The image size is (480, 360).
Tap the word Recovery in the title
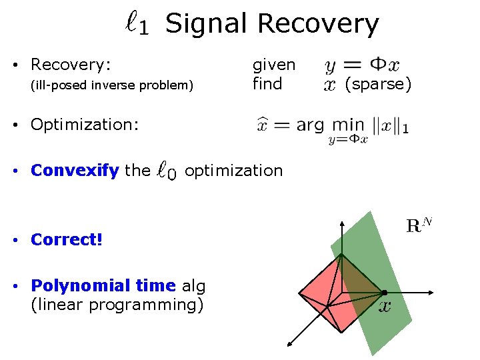318,24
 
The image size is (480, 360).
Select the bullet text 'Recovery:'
71,65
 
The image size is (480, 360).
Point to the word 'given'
273,65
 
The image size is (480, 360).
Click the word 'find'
267,84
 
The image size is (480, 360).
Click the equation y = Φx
362,65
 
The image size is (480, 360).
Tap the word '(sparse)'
378,84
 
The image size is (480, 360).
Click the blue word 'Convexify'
74,171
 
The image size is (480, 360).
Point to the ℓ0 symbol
167,171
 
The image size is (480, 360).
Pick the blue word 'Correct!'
67,239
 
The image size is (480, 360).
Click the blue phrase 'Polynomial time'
103,286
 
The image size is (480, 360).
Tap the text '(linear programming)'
117,305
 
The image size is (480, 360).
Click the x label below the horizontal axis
385,307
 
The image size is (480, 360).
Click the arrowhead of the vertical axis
341,223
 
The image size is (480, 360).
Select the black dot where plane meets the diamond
384,292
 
